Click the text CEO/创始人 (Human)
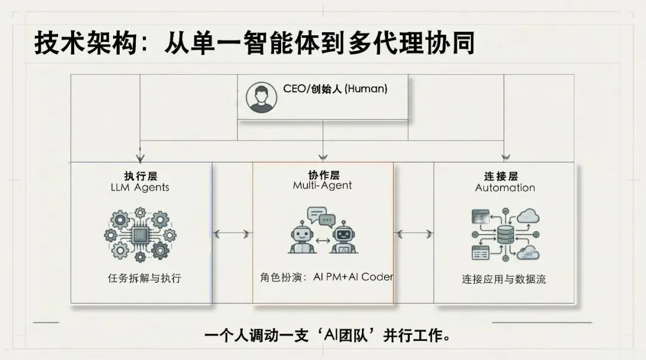[x=335, y=89]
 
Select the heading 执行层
[x=140, y=176]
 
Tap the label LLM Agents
[x=140, y=187]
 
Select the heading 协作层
[x=323, y=175]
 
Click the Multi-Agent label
[x=322, y=185]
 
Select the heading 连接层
[x=501, y=176]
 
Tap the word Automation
[x=505, y=188]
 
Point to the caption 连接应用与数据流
[x=504, y=279]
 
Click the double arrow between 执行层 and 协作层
[x=233, y=234]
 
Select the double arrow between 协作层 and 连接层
[x=414, y=234]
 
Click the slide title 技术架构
[x=90, y=44]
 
